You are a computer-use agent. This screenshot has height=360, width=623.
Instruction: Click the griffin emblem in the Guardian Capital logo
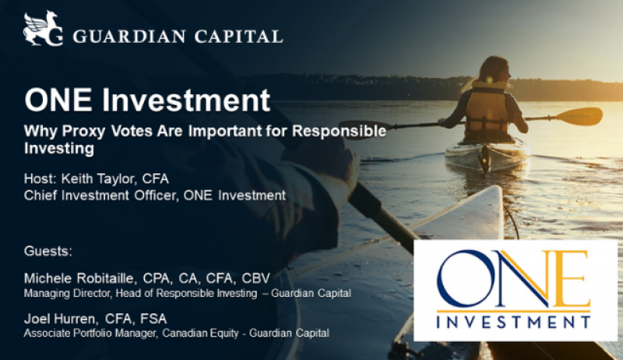coord(43,29)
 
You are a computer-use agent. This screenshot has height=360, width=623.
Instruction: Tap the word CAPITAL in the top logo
coord(238,37)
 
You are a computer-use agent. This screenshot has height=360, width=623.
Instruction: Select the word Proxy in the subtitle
coord(83,131)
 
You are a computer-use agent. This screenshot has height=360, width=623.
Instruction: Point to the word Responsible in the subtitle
coord(339,131)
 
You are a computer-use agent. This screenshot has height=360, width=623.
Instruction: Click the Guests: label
coord(48,251)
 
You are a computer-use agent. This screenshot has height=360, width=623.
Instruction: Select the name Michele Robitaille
coord(80,278)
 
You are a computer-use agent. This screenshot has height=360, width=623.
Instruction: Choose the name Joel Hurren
coord(60,319)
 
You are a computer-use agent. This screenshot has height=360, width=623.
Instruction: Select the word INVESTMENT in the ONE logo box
coord(513,322)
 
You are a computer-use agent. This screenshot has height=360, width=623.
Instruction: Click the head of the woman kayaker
coord(495,69)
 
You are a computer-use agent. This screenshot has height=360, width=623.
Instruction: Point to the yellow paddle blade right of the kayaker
coord(579,116)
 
